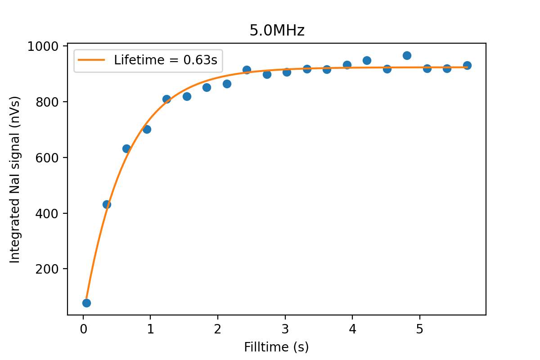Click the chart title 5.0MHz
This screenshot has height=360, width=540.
click(x=277, y=31)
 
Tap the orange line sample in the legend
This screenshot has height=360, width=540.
click(x=91, y=60)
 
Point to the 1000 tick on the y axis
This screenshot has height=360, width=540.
click(x=48, y=46)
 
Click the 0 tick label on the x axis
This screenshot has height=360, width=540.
click(x=83, y=329)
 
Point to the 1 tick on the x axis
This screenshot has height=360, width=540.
click(x=150, y=329)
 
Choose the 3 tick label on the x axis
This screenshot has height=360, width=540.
click(x=285, y=329)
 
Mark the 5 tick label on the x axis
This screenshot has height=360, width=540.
click(x=419, y=329)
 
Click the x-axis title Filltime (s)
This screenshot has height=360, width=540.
click(x=276, y=347)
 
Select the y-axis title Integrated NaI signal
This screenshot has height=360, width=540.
click(x=15, y=180)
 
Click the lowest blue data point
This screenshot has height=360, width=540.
click(x=86, y=303)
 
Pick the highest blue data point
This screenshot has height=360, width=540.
click(x=407, y=55)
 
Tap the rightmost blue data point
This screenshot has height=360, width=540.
click(x=467, y=65)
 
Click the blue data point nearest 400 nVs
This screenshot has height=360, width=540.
click(x=107, y=204)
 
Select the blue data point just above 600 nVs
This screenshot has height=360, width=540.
click(x=126, y=148)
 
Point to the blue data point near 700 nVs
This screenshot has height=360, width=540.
click(x=147, y=129)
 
